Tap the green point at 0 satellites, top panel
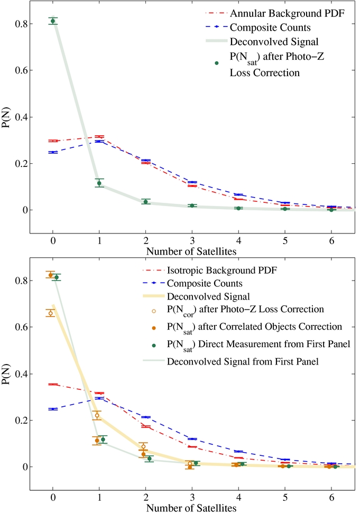click(53, 21)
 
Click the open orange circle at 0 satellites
click(51, 313)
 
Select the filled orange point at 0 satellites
click(51, 275)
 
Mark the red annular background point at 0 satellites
click(53, 141)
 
